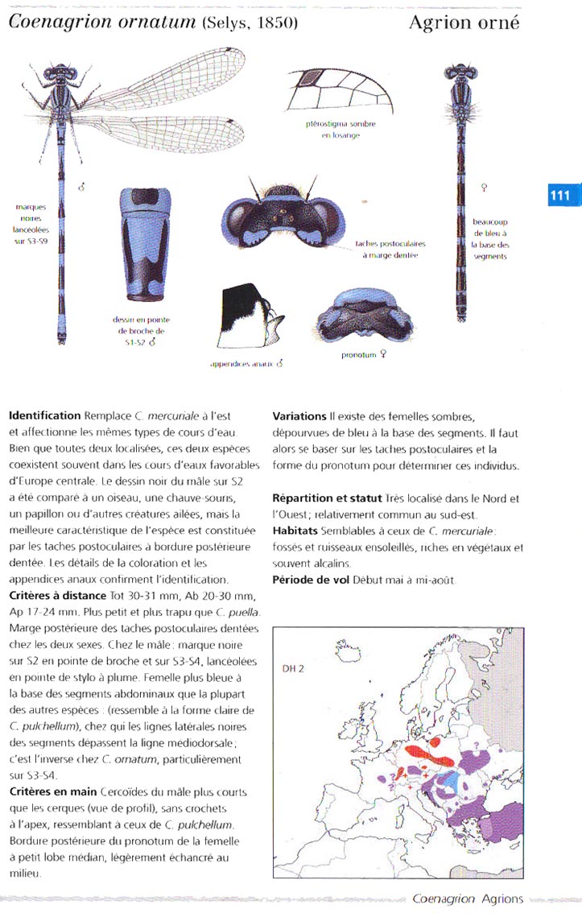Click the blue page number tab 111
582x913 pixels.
tap(559, 196)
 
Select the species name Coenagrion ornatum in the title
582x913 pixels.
tap(101, 22)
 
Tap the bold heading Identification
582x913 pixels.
tap(44, 415)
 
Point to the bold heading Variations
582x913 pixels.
tap(299, 415)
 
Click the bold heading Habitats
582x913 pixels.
tap(295, 531)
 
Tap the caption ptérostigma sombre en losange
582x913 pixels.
tap(341, 130)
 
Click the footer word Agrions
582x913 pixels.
tap(502, 899)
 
